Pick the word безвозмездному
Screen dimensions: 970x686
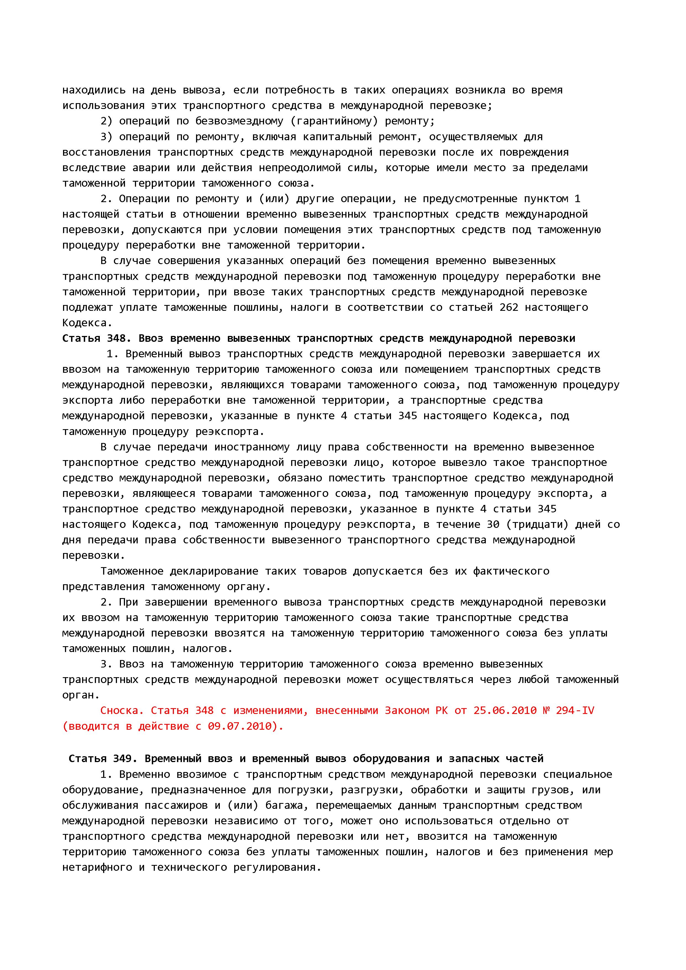click(x=239, y=121)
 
